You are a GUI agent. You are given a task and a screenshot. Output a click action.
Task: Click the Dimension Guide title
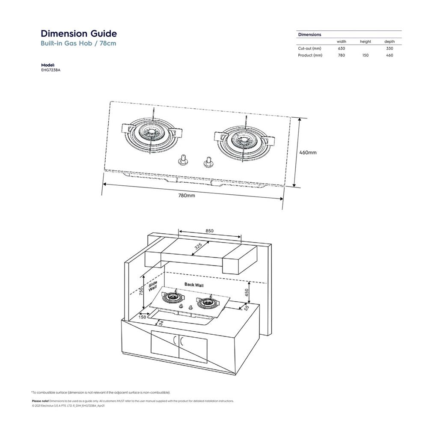coord(78,34)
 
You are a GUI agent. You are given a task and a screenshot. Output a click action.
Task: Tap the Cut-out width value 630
coord(341,48)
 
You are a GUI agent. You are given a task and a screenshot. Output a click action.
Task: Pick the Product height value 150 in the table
coord(365,55)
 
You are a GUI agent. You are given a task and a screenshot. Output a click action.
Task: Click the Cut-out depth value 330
coord(389,48)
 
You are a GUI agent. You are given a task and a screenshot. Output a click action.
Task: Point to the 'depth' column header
coord(389,42)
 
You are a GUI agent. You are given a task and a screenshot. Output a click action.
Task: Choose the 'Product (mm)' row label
coord(310,55)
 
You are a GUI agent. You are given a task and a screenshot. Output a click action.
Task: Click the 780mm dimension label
coord(187,195)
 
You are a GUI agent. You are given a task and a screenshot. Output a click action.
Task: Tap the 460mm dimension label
coord(308,152)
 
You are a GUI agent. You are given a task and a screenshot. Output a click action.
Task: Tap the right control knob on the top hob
coord(209,161)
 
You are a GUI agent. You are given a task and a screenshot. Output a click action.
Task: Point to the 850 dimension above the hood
coord(209,231)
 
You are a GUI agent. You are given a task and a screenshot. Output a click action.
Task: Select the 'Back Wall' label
coord(195,284)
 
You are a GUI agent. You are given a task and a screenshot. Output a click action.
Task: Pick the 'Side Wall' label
coord(153,286)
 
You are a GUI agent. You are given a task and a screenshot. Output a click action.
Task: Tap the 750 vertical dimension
coord(141,291)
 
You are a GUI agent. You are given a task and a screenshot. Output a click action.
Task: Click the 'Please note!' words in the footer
coord(40,401)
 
